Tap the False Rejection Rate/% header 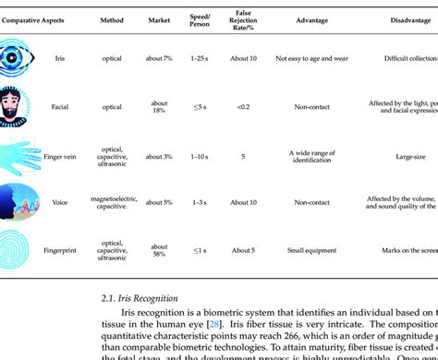coord(244,19)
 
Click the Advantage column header coord(311,19)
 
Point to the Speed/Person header coord(199,19)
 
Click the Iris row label coord(59,57)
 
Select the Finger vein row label coord(60,156)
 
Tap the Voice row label coord(59,202)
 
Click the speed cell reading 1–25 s coord(199,57)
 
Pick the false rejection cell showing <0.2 coord(244,106)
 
